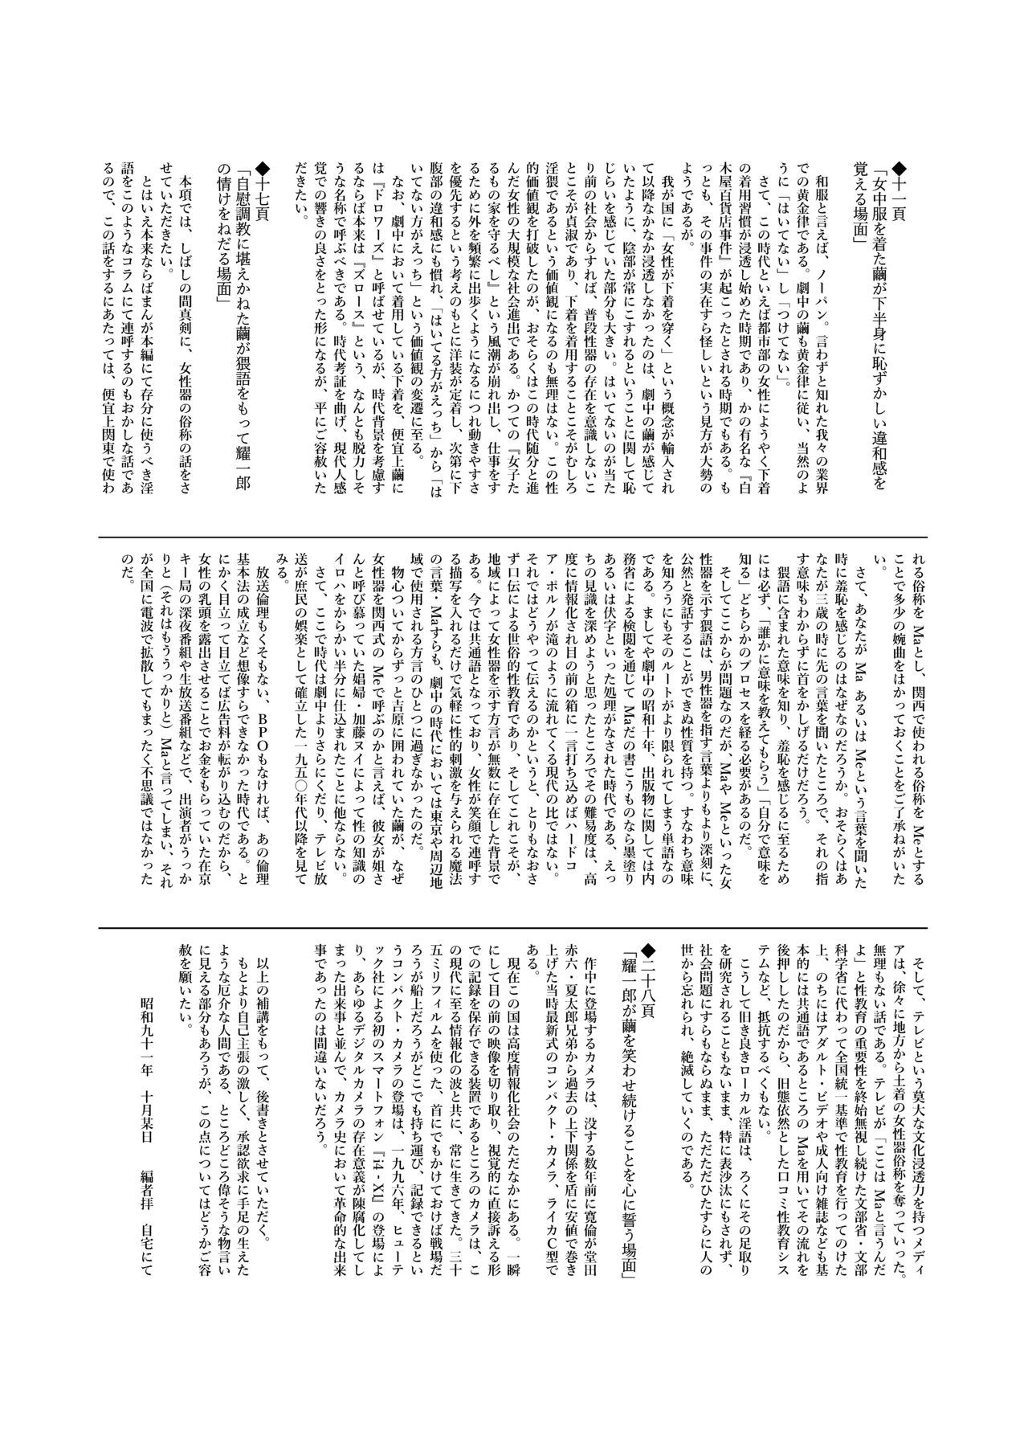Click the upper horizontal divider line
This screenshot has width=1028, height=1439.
(514, 538)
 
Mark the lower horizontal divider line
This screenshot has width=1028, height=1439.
(514, 904)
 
